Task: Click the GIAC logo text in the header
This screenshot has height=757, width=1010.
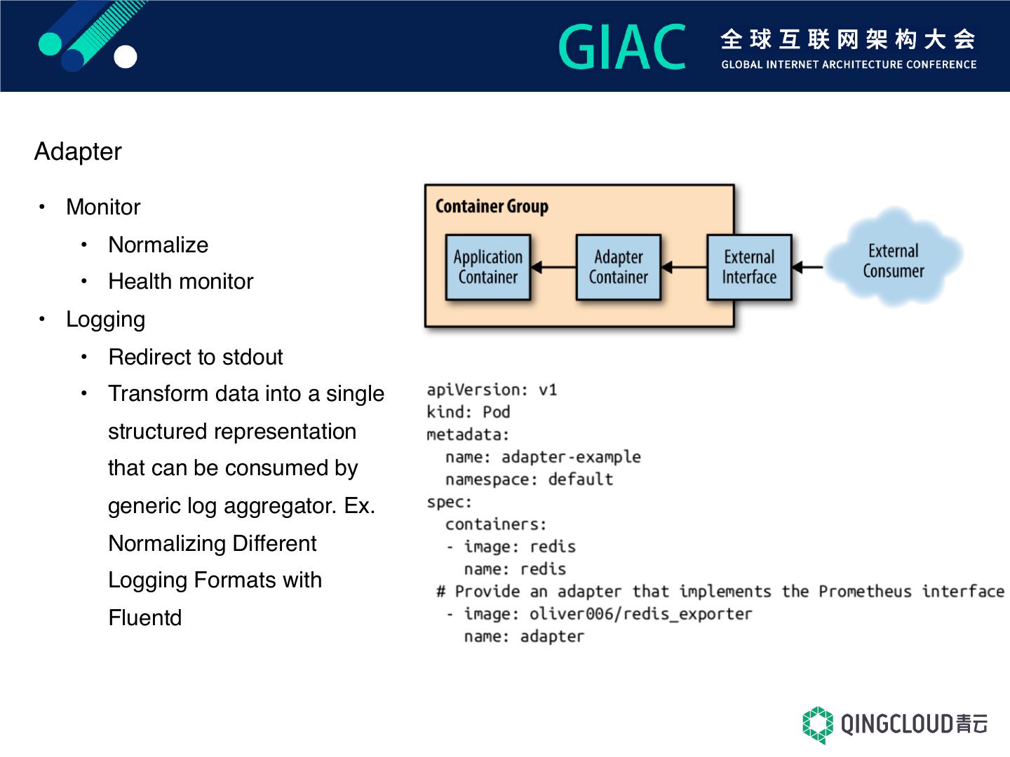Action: coord(622,46)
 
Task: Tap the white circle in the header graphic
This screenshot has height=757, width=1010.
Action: coord(125,57)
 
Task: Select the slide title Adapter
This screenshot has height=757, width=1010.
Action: coord(78,151)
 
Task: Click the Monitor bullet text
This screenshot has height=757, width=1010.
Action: coord(103,207)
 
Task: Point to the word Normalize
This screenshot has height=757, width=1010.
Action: coord(159,245)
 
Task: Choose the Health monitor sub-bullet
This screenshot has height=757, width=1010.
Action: coord(181,281)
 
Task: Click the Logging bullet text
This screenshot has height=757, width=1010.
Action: coord(106,320)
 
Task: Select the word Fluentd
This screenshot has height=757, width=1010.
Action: coord(145,618)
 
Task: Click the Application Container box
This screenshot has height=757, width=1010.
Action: coord(487,267)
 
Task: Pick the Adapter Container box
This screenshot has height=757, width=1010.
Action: coord(619,267)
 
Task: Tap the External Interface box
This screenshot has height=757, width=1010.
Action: coord(749,267)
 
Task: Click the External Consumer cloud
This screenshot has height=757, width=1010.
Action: coord(894,257)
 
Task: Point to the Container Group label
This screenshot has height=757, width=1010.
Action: coord(492,206)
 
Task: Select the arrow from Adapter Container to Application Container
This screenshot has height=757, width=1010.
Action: coord(553,266)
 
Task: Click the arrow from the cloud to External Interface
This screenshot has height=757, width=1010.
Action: coord(808,266)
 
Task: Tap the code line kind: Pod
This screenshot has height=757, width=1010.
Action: coord(469,412)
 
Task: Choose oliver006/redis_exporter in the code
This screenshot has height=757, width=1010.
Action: coord(640,614)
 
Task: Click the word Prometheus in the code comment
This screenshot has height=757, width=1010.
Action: coord(865,592)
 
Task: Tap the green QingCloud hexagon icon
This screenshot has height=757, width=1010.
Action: coord(818,725)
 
